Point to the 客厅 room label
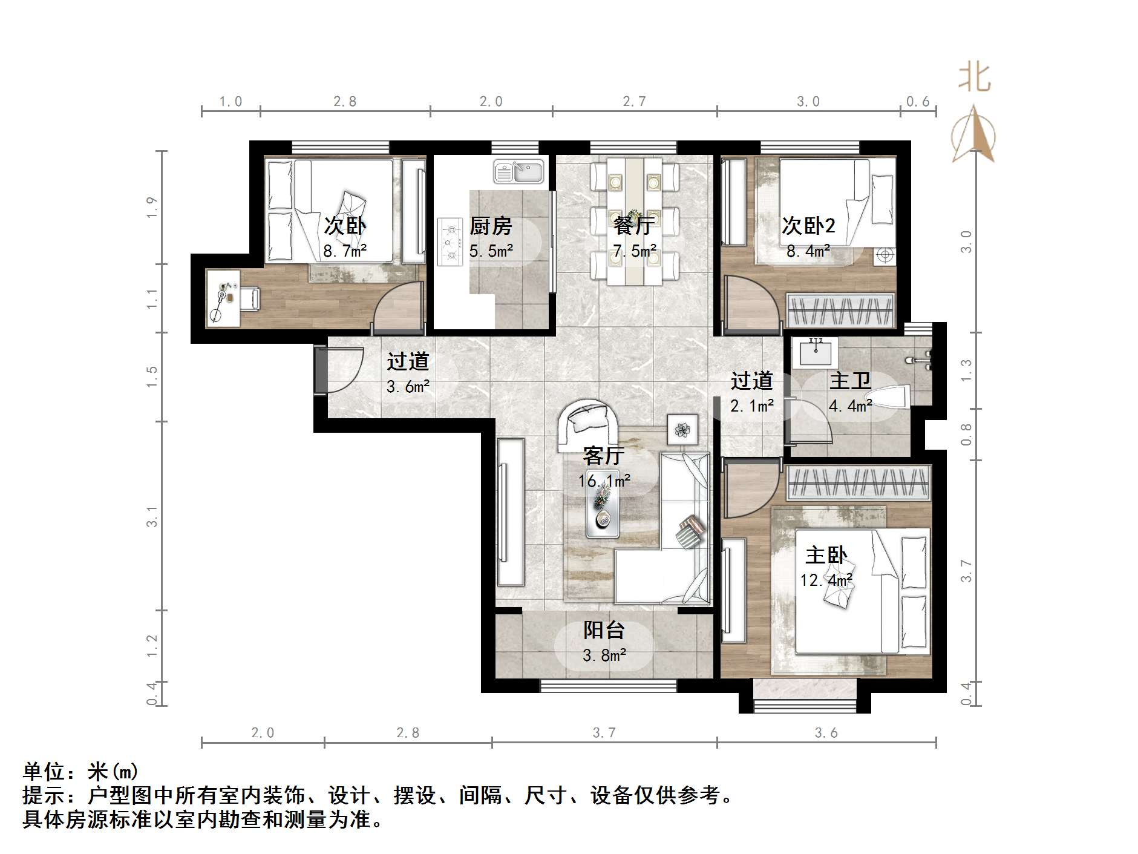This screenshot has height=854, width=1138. click(603, 455)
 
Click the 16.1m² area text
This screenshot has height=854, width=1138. click(604, 481)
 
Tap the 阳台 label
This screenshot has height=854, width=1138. click(603, 630)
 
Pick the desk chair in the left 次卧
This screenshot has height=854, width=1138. click(249, 298)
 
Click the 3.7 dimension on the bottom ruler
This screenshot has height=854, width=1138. click(604, 733)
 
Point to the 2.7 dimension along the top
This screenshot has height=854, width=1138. click(634, 102)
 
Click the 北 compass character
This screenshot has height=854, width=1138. click(974, 78)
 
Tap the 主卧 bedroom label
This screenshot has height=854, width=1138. click(826, 555)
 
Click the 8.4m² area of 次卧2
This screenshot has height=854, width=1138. click(808, 251)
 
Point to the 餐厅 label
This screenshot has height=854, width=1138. click(633, 226)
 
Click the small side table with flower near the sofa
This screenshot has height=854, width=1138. click(682, 430)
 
